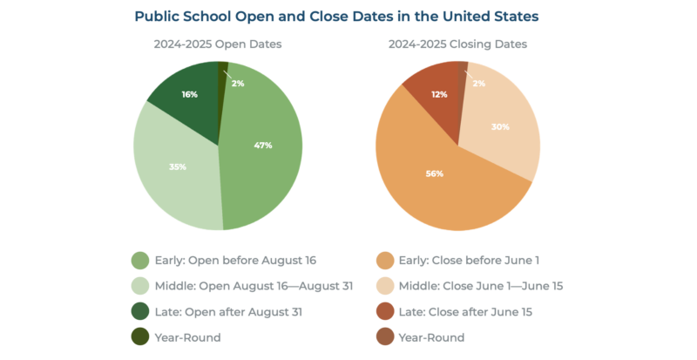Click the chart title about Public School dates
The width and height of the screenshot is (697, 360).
(348, 16)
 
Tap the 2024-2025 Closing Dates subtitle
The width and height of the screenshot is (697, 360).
(458, 44)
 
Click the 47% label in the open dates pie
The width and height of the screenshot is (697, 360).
(262, 145)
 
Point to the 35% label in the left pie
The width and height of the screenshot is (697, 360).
(178, 166)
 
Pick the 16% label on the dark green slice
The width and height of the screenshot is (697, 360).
(189, 93)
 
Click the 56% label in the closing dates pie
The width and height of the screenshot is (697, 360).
(435, 173)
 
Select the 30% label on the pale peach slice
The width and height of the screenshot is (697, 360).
(500, 127)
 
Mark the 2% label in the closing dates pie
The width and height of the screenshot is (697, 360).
(478, 83)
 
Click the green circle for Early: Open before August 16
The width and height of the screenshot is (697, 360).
(140, 260)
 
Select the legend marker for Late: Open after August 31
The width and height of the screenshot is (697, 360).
(140, 312)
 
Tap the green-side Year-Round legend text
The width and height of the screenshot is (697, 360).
(189, 337)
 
